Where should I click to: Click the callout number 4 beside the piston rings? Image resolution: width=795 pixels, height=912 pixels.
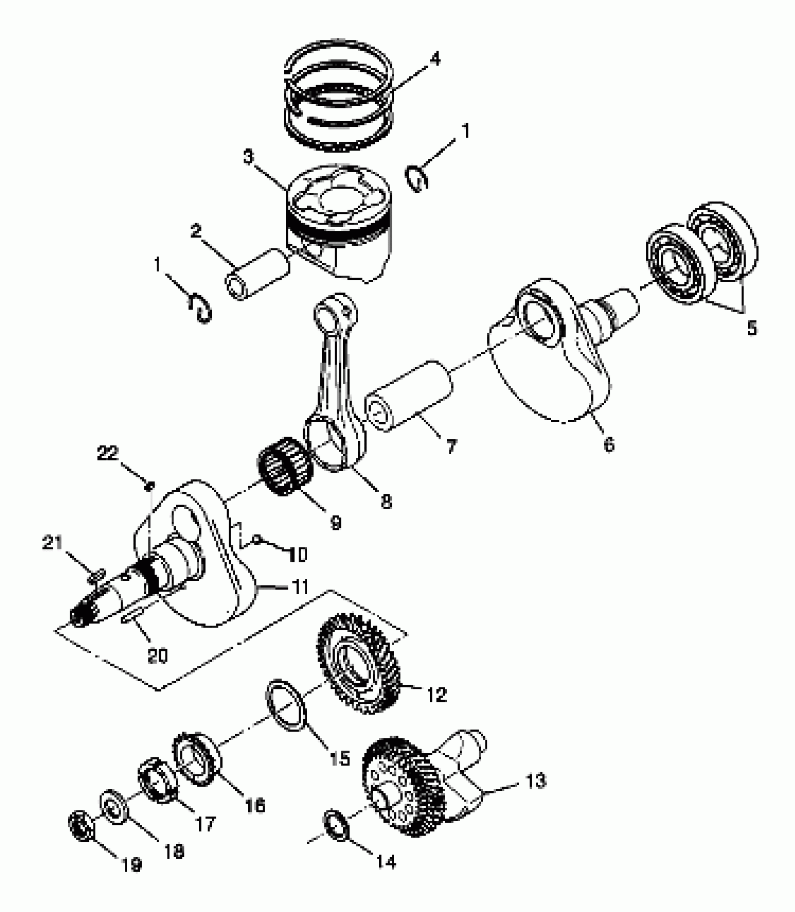[434, 60]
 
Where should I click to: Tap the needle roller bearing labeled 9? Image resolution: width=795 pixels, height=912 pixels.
[285, 466]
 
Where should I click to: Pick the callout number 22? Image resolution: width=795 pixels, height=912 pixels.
[108, 453]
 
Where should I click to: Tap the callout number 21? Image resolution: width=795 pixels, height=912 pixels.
[52, 543]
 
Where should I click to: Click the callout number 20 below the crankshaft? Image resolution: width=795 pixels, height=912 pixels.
[157, 656]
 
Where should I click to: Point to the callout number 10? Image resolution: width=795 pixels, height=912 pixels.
[296, 555]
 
